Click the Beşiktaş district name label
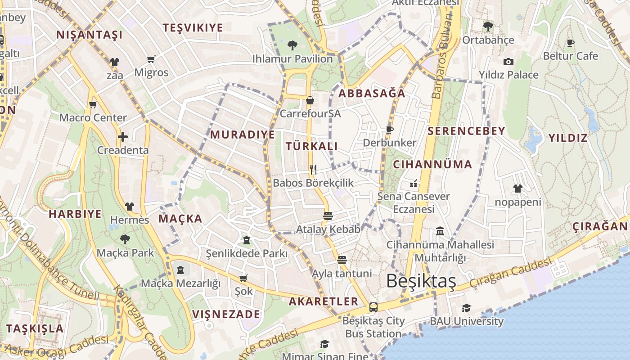[421, 281]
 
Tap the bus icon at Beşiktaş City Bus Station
[373, 307]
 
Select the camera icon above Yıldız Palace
[508, 62]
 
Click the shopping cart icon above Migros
[151, 59]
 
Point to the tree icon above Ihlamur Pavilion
[292, 45]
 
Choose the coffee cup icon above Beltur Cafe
[571, 43]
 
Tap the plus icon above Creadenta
[123, 137]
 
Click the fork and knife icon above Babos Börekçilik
[313, 170]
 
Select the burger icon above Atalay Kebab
[328, 216]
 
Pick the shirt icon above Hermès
[130, 207]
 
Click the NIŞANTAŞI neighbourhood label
[89, 35]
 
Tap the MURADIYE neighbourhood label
[243, 135]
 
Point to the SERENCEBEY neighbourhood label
[466, 131]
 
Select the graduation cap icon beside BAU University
[466, 308]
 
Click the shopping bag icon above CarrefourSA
[310, 100]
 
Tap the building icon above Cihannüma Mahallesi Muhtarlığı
[440, 231]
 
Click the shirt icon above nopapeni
[517, 189]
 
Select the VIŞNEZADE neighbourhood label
[226, 314]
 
